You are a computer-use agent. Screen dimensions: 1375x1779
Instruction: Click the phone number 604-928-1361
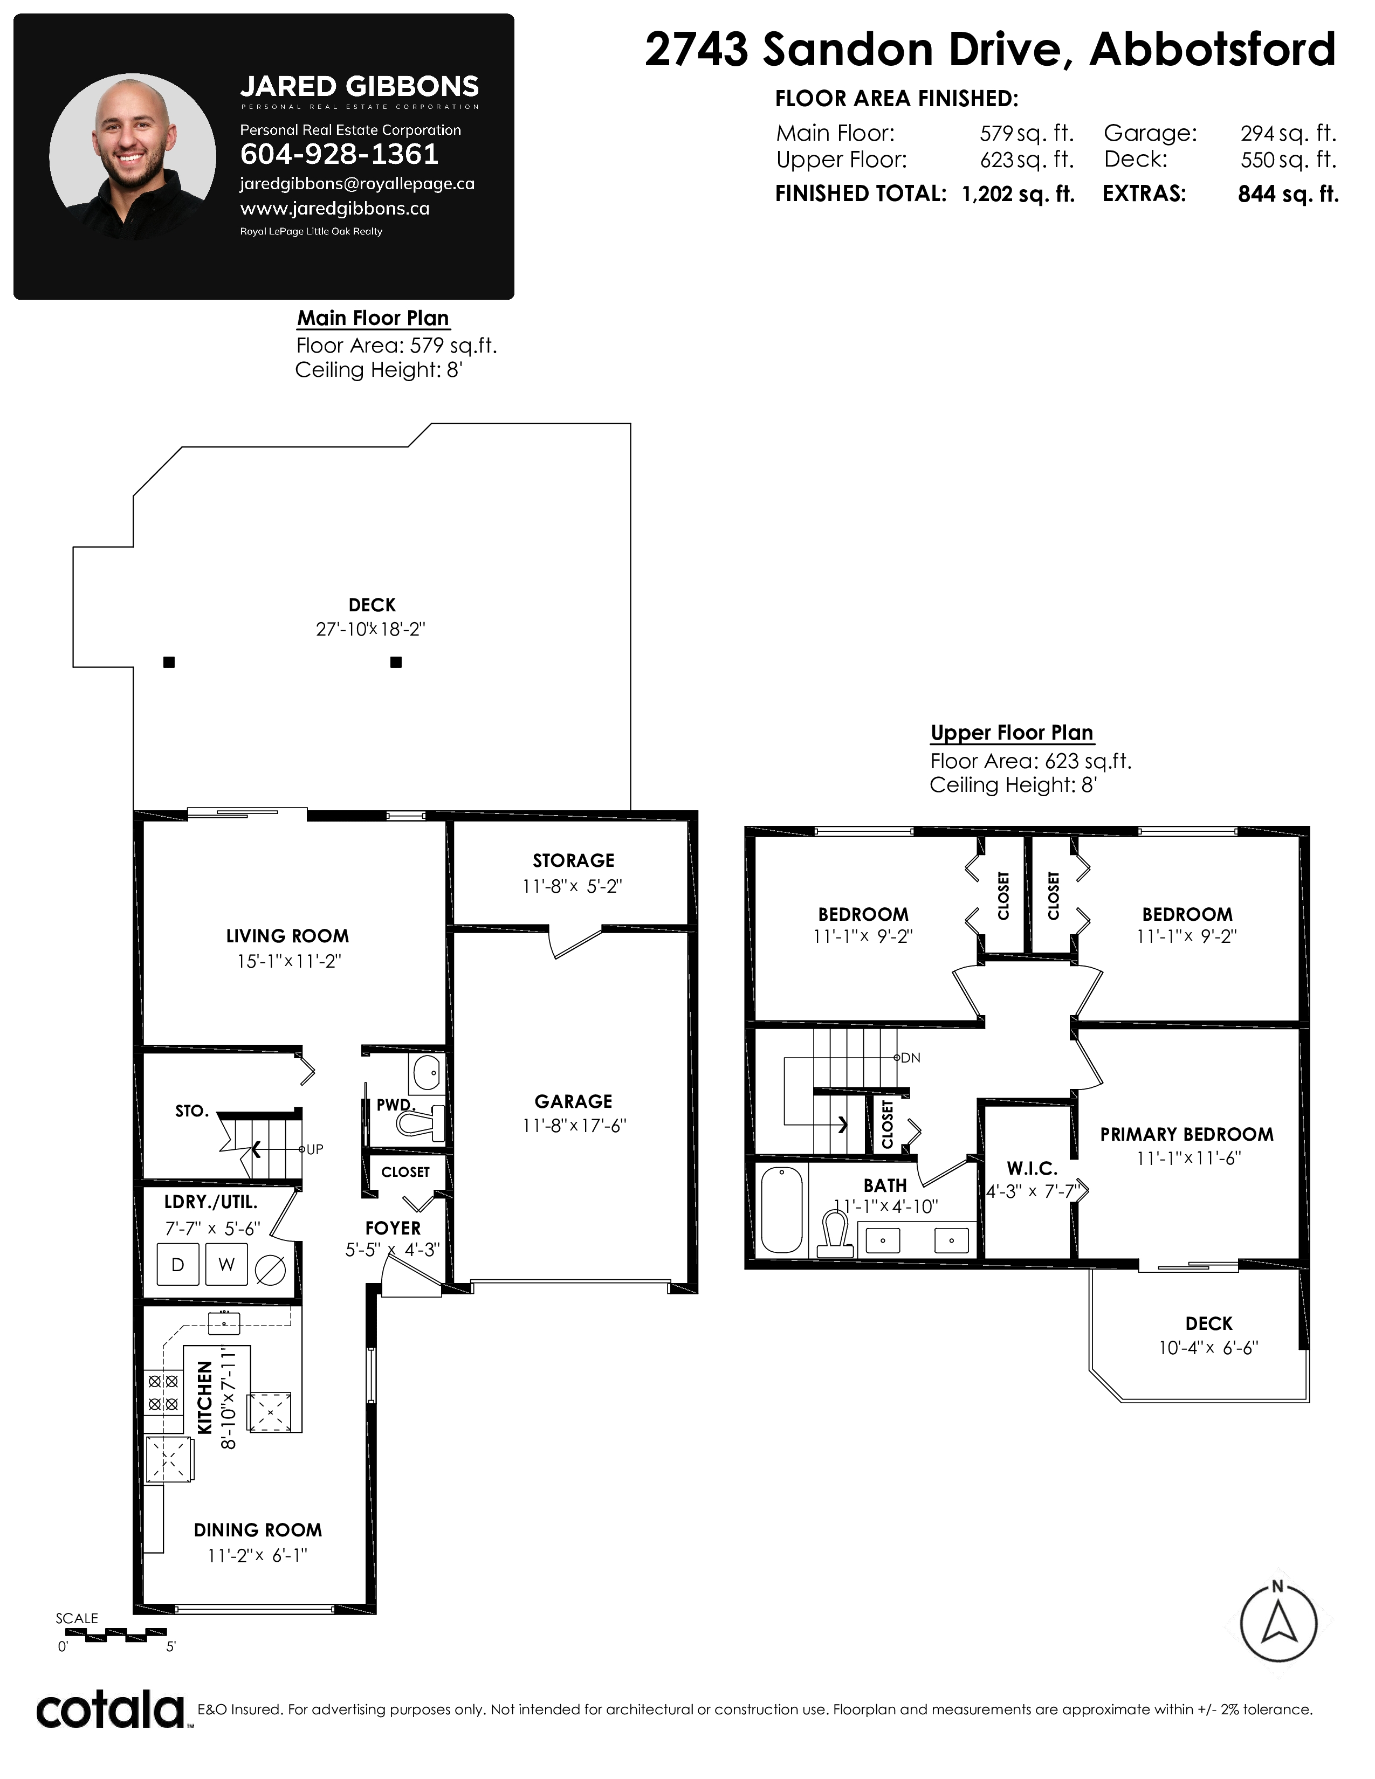click(x=339, y=154)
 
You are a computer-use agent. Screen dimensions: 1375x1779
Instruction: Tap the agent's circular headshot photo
click(x=133, y=156)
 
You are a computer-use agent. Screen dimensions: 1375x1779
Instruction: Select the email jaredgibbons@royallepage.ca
click(x=357, y=184)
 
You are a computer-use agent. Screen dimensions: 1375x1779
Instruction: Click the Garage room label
click(x=574, y=1101)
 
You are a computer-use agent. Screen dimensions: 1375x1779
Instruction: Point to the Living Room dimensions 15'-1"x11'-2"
click(x=288, y=961)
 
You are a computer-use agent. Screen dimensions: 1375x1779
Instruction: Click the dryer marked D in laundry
click(x=177, y=1264)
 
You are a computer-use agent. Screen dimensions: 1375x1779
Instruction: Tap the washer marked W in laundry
click(x=226, y=1264)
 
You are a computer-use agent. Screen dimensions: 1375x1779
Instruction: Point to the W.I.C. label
click(x=1032, y=1169)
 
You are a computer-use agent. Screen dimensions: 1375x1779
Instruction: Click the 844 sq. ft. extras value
click(x=1288, y=194)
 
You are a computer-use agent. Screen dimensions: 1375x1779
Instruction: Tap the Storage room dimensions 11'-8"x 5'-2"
click(x=573, y=886)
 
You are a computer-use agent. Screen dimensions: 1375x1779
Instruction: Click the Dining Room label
click(x=258, y=1530)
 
